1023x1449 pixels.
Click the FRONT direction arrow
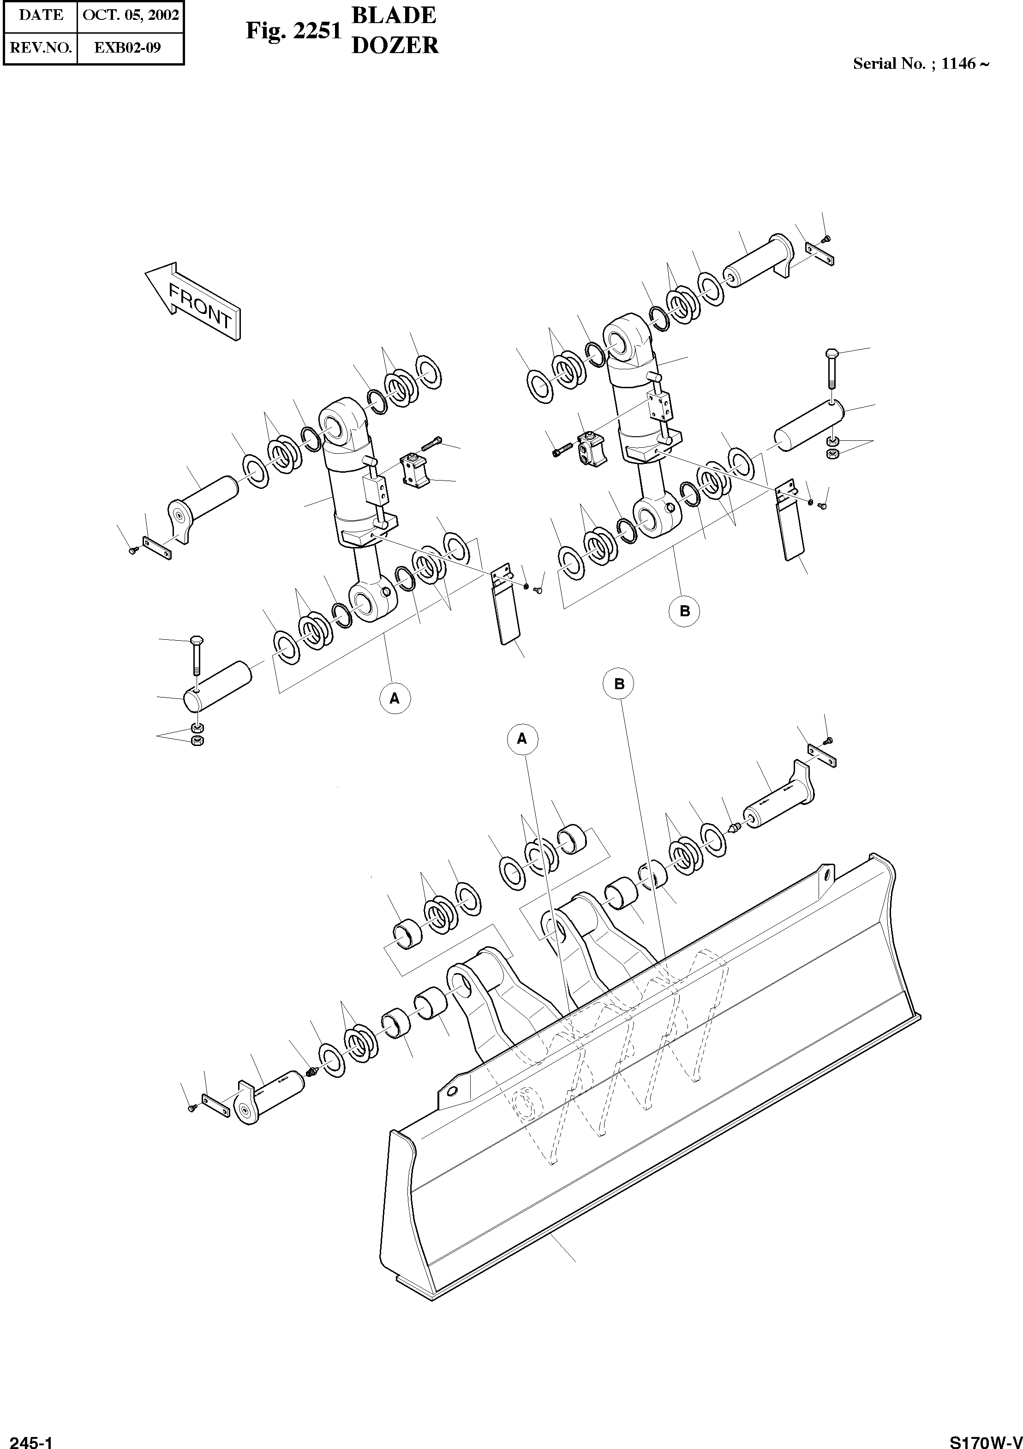click(x=192, y=302)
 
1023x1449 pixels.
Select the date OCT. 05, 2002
click(x=131, y=15)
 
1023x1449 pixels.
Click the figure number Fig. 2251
click(x=293, y=30)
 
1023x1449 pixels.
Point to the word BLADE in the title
click(x=394, y=15)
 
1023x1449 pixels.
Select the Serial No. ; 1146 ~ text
click(x=921, y=64)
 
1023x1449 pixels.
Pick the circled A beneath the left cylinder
click(x=395, y=698)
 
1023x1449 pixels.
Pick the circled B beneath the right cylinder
click(x=684, y=611)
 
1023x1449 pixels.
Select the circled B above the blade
click(x=619, y=684)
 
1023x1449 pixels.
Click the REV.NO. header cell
click(x=40, y=48)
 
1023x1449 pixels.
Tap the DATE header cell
click(x=40, y=15)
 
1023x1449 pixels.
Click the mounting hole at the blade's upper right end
click(x=826, y=875)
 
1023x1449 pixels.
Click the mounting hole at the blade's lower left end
click(x=452, y=1091)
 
